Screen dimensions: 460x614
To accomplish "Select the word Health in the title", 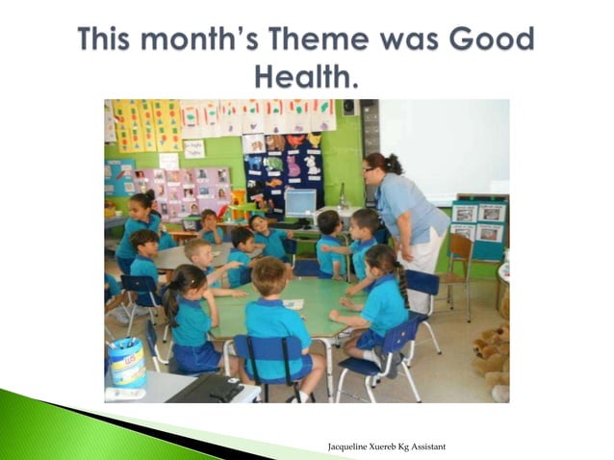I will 305,74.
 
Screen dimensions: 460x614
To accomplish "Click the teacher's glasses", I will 370,169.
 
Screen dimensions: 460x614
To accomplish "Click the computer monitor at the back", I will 300,203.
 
